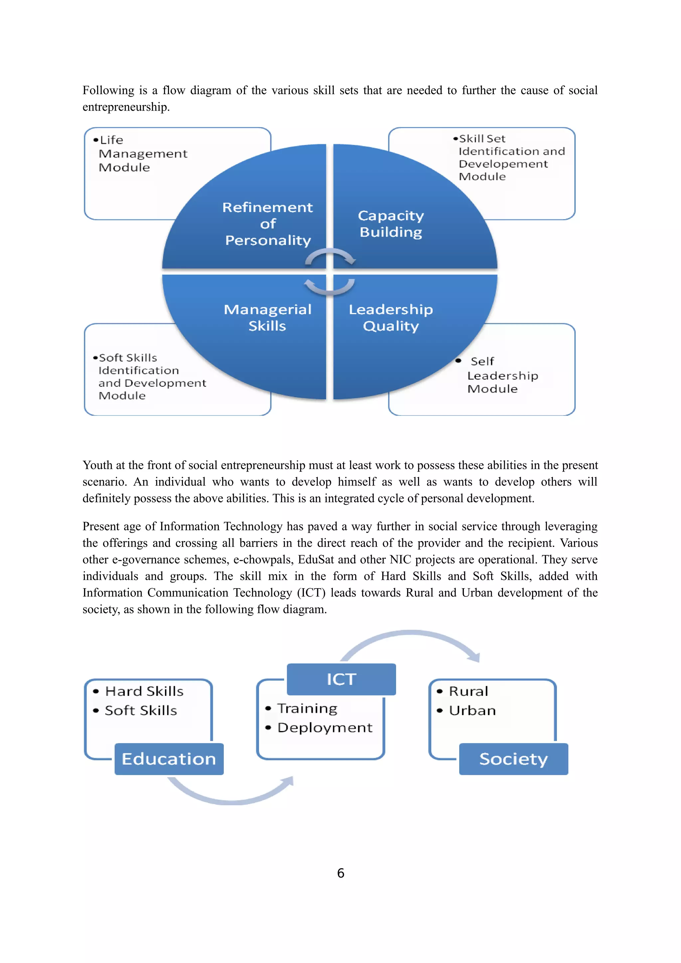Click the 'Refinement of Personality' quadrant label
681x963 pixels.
click(268, 224)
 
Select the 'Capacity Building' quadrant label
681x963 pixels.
click(391, 224)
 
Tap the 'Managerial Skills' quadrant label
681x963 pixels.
click(268, 317)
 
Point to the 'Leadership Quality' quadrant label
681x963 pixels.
click(391, 317)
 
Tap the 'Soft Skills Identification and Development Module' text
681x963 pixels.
click(151, 376)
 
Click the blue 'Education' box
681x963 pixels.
click(169, 759)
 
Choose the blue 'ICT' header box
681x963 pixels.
click(341, 679)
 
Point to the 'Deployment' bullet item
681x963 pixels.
click(324, 727)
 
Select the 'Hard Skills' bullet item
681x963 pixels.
click(144, 691)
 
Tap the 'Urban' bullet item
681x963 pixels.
click(472, 710)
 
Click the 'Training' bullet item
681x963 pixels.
click(307, 708)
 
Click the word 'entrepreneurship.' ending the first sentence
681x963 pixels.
click(126, 107)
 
